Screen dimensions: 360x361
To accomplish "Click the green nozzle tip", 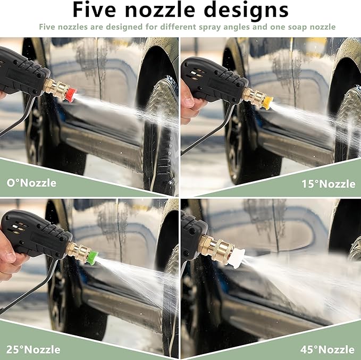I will [91, 258].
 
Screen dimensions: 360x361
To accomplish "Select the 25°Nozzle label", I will [33, 349].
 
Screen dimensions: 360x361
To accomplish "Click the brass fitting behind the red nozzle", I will [55, 88].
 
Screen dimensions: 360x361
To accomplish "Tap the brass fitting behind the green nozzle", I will [78, 251].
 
